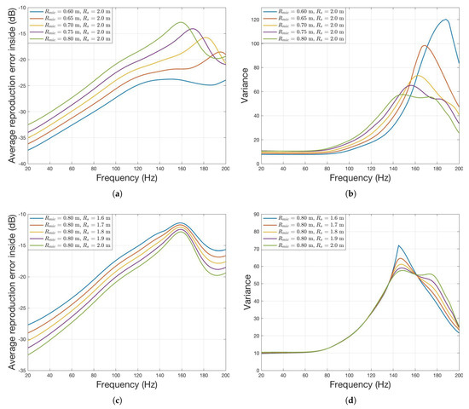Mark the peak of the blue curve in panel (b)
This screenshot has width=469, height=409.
pos(444,20)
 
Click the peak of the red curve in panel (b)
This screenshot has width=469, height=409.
pos(424,46)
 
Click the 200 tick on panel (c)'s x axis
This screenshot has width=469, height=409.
pos(224,379)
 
